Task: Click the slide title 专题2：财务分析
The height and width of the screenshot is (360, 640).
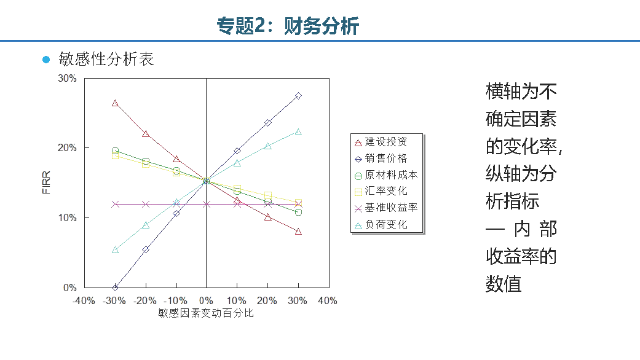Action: pyautogui.click(x=288, y=26)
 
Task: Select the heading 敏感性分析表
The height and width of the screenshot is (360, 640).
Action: pyautogui.click(x=106, y=59)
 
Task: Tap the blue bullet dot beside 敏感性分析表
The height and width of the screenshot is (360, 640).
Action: pyautogui.click(x=45, y=60)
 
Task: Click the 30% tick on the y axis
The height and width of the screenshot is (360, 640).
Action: pyautogui.click(x=67, y=79)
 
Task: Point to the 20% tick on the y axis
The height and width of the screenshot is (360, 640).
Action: pyautogui.click(x=67, y=148)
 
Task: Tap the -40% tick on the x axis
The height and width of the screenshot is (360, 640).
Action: pyautogui.click(x=84, y=301)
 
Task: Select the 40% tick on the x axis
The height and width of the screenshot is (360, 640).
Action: pyautogui.click(x=327, y=301)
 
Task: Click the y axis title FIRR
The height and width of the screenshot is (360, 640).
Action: pyautogui.click(x=45, y=183)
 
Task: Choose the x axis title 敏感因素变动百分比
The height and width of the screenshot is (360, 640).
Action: pyautogui.click(x=206, y=313)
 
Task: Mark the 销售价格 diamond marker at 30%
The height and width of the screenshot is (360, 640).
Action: pyautogui.click(x=298, y=96)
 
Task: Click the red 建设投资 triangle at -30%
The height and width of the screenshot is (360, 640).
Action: pyautogui.click(x=115, y=103)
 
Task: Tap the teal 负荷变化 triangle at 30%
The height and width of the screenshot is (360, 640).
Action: pyautogui.click(x=298, y=131)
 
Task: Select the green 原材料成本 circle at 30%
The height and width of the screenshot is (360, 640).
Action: pyautogui.click(x=298, y=212)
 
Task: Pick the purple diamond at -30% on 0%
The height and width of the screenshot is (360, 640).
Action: pyautogui.click(x=115, y=288)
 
